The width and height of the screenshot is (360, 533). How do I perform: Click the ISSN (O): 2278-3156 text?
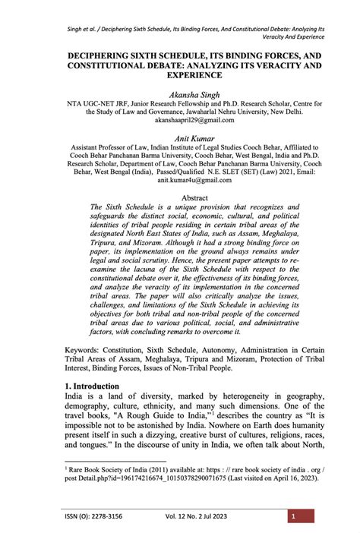[x=94, y=516]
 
